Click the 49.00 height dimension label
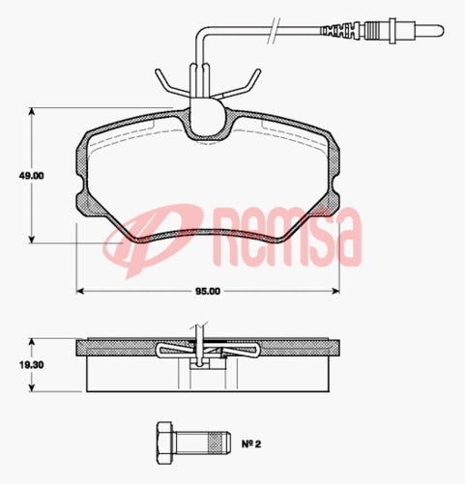coord(32,177)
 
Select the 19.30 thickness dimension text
coord(32,364)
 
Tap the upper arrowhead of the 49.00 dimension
coord(35,114)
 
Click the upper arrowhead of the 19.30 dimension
coord(35,341)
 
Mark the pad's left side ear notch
coord(79,180)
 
